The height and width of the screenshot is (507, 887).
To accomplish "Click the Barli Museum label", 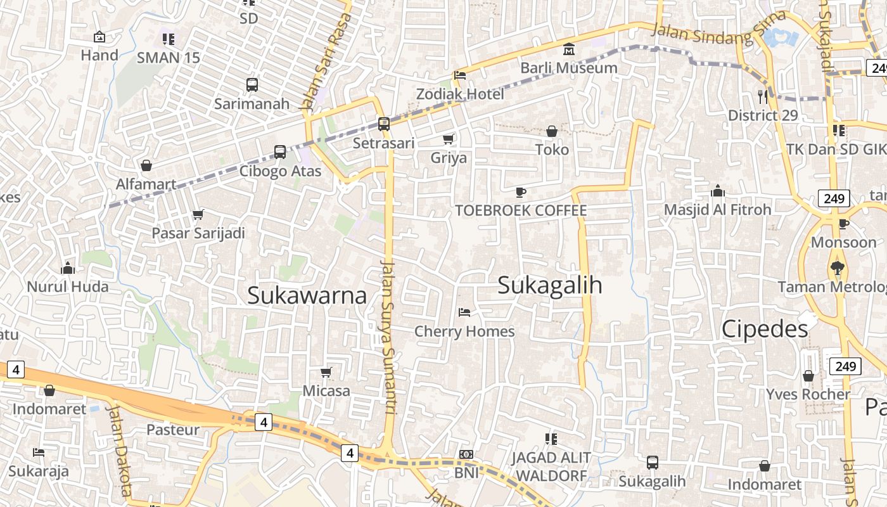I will [x=568, y=68].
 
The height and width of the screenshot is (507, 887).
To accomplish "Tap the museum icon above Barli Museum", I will [x=569, y=49].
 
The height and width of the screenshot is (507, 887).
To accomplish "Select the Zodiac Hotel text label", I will [x=460, y=94].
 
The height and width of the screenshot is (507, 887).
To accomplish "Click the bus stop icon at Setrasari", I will [x=383, y=124].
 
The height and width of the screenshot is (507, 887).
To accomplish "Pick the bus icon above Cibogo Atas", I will [x=280, y=152].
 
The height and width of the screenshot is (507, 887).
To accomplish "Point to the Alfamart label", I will [x=146, y=184].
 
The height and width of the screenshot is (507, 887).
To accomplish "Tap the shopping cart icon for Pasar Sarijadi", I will [x=198, y=214].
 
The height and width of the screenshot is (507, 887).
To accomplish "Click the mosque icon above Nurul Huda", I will [x=68, y=268].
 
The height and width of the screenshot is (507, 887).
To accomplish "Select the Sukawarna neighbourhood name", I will [x=307, y=295].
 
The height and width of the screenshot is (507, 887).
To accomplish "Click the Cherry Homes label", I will [x=464, y=331].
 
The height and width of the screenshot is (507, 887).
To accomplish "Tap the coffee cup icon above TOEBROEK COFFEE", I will [x=521, y=192].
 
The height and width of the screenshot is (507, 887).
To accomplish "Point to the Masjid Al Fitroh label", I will [x=717, y=210].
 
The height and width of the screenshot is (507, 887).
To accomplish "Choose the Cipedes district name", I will [x=765, y=329].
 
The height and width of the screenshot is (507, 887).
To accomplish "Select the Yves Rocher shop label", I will [x=808, y=394].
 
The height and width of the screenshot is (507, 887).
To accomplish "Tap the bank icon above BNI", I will [x=466, y=454].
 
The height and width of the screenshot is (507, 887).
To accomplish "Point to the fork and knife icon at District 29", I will [x=762, y=96].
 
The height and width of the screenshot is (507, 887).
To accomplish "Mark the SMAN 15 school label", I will [x=169, y=58].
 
